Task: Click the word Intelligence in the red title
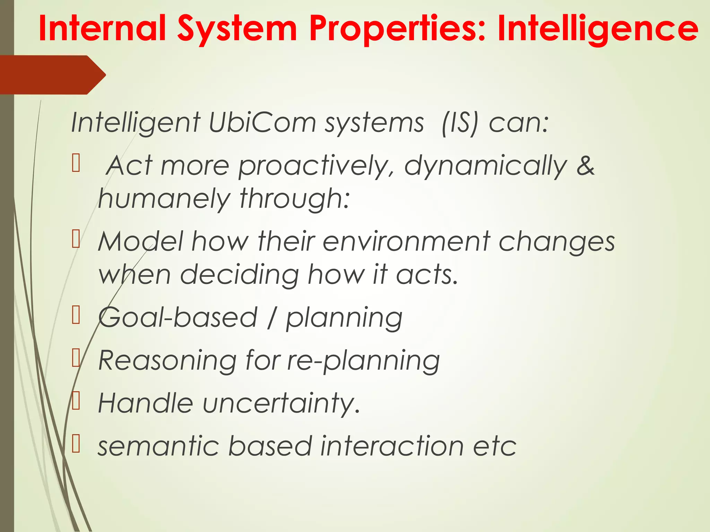[598, 28]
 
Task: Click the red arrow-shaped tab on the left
[52, 75]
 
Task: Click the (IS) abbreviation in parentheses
[460, 123]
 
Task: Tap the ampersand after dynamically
[585, 166]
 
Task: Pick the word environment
[406, 241]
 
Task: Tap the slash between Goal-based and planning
[272, 318]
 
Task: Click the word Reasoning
[167, 361]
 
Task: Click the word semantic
[158, 446]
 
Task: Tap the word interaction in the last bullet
[392, 446]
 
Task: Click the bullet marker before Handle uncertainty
[76, 401]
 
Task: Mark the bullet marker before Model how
[76, 239]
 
